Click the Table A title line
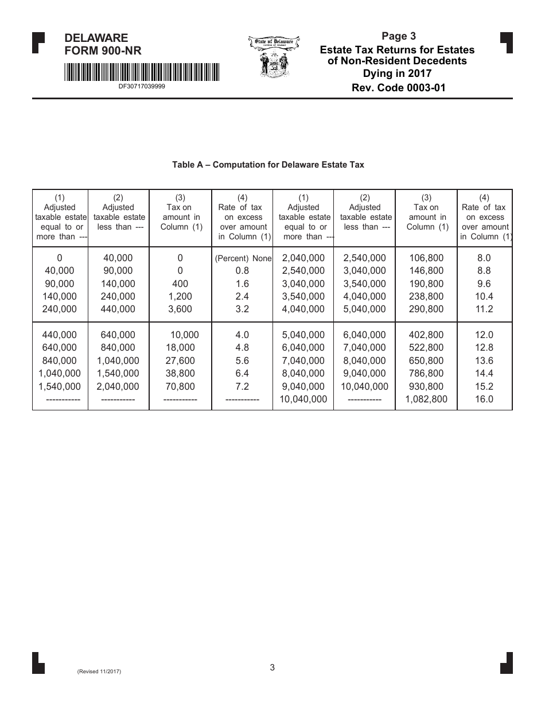click(268, 165)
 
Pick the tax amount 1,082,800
click(426, 399)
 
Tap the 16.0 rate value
click(484, 399)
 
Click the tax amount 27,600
click(180, 360)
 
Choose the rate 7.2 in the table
click(242, 386)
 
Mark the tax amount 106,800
click(426, 258)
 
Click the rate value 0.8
click(242, 270)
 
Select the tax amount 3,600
click(180, 309)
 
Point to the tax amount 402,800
click(426, 335)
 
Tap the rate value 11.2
click(484, 309)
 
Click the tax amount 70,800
click(180, 386)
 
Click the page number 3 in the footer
click(272, 667)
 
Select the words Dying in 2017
click(397, 73)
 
